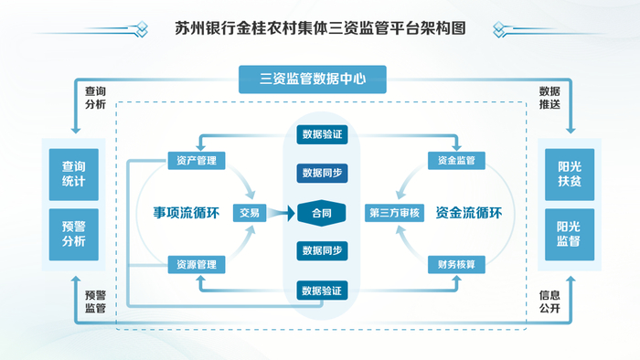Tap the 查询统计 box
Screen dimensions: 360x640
pyautogui.click(x=74, y=174)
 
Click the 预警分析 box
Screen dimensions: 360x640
pyautogui.click(x=74, y=234)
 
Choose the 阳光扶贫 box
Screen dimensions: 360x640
pyautogui.click(x=568, y=174)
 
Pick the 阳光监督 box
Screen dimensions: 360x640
pyautogui.click(x=568, y=234)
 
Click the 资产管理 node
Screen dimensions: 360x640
pyautogui.click(x=196, y=161)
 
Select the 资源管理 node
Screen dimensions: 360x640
pyautogui.click(x=196, y=265)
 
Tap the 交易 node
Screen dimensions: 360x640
pyautogui.click(x=250, y=213)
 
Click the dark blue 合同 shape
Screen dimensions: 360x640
pyautogui.click(x=321, y=213)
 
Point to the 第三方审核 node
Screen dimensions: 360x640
pyautogui.click(x=394, y=213)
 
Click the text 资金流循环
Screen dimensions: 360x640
pyautogui.click(x=469, y=213)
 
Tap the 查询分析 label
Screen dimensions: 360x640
pyautogui.click(x=96, y=98)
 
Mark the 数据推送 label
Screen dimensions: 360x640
pyautogui.click(x=549, y=98)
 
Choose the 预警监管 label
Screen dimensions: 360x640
pyautogui.click(x=96, y=302)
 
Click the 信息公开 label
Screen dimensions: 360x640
pyautogui.click(x=549, y=302)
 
